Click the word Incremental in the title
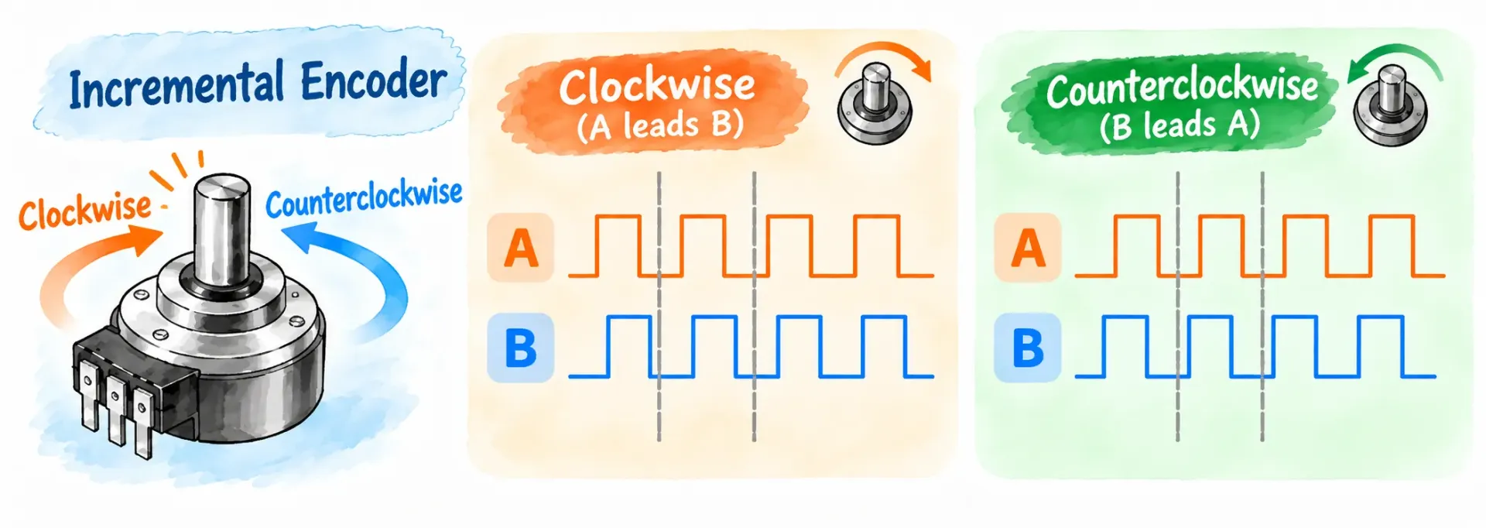click(176, 86)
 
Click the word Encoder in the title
click(374, 80)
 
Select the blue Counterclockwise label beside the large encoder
click(364, 198)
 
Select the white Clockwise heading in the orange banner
click(657, 85)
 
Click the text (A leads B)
click(660, 125)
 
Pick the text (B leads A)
click(1180, 125)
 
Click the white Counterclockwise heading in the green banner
click(1182, 87)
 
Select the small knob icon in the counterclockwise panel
click(1390, 106)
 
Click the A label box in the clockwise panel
click(520, 247)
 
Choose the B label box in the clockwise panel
click(520, 348)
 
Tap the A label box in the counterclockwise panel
click(1027, 247)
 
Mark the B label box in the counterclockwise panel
click(1027, 348)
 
